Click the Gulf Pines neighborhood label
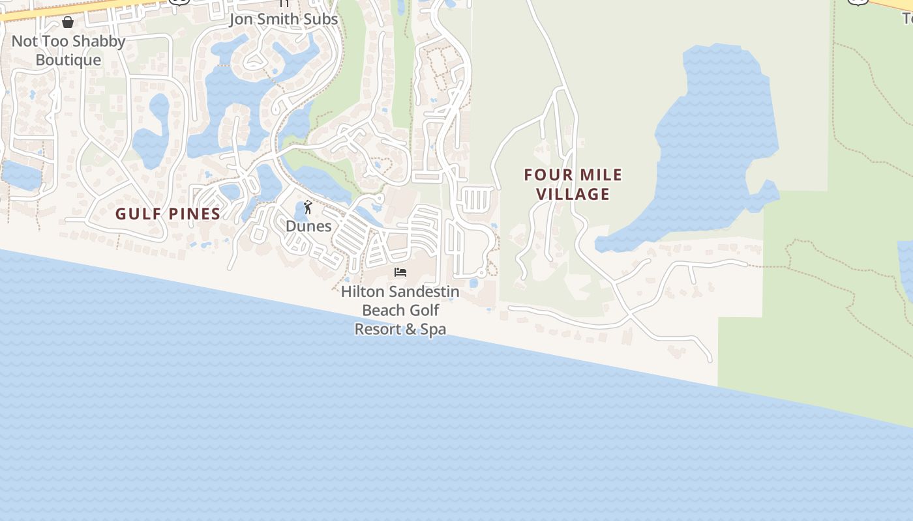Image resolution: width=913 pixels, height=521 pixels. (x=168, y=214)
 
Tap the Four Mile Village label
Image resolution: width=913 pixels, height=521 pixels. (x=573, y=184)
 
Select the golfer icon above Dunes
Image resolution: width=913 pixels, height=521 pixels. (x=308, y=208)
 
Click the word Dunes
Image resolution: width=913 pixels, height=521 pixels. (x=308, y=226)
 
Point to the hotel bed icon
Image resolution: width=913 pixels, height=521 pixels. (x=400, y=272)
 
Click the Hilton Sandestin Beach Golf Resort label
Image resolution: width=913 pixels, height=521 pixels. (x=400, y=310)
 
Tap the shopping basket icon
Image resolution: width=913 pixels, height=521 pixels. (x=68, y=23)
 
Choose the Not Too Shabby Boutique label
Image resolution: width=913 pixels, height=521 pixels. (x=68, y=51)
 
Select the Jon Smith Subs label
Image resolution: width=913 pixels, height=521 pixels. (x=284, y=20)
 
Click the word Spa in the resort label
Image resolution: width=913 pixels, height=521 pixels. (x=433, y=329)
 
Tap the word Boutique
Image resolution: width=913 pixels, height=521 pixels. (x=68, y=60)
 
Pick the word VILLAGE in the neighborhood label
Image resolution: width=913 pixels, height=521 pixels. (x=573, y=194)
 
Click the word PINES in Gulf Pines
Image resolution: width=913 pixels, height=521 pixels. (x=193, y=214)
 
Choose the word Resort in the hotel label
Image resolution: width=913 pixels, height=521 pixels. (x=376, y=329)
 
